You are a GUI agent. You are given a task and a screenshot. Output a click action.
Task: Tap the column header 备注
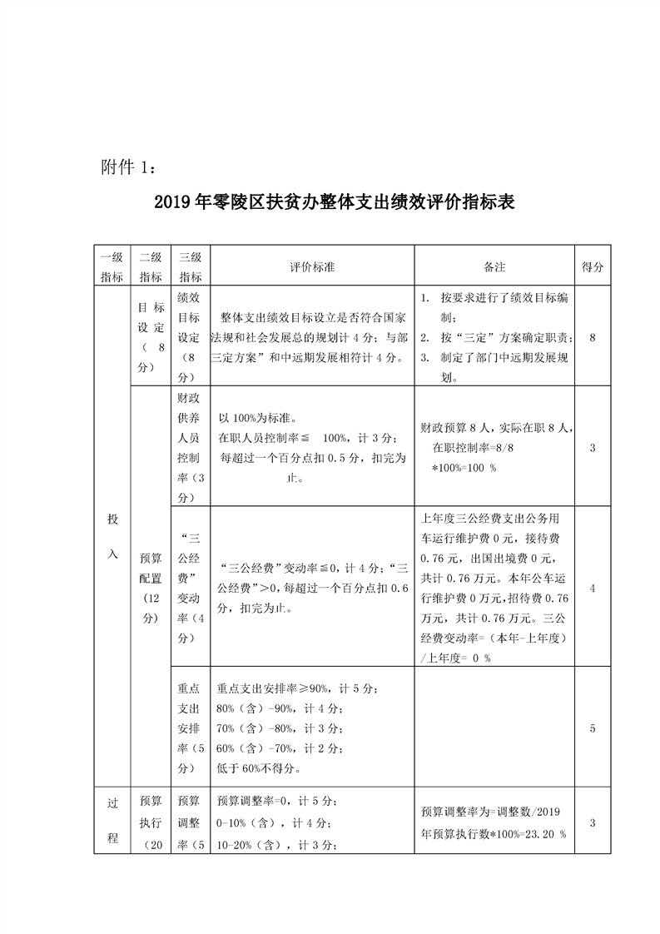click(x=494, y=267)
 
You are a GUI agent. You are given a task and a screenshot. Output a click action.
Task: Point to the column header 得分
click(x=593, y=267)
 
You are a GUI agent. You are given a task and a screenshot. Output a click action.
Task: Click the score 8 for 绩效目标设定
click(x=593, y=338)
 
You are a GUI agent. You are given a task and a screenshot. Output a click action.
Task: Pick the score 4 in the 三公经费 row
click(x=593, y=588)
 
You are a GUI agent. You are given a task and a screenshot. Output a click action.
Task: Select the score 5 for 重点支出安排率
click(x=593, y=728)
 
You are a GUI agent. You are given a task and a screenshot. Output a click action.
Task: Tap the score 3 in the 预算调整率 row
click(x=593, y=823)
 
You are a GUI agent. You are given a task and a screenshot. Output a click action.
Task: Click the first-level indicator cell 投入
click(x=112, y=535)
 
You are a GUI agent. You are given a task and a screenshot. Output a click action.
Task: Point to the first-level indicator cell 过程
click(x=112, y=821)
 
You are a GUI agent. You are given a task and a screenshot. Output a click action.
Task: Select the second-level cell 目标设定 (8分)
click(x=150, y=336)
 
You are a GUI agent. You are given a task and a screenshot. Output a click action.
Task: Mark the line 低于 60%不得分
click(x=259, y=768)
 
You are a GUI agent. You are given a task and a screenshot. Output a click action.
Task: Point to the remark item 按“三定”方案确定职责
click(x=502, y=338)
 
